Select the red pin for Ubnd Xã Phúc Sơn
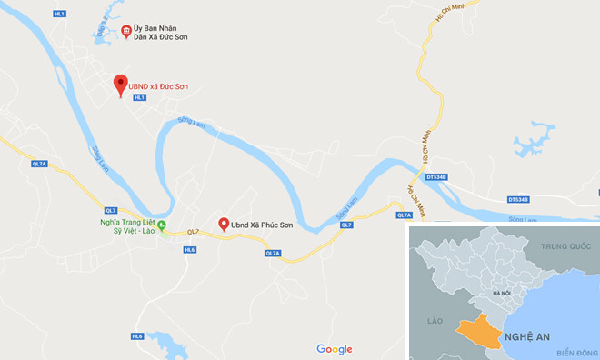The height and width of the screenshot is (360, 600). (x=223, y=223)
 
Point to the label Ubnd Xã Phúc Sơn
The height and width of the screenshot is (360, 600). (x=265, y=224)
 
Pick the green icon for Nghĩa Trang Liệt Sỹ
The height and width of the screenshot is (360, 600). (x=162, y=225)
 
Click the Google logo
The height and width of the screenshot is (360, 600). (x=334, y=349)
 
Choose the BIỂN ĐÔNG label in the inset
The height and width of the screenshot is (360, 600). (x=575, y=353)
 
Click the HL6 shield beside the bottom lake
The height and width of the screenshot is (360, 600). (x=137, y=336)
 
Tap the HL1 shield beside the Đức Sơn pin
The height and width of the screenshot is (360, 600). (x=140, y=97)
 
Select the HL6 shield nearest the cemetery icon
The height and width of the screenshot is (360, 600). (x=189, y=248)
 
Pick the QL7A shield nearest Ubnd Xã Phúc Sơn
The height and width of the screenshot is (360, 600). (x=273, y=253)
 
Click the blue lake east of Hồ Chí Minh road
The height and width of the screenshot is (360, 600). (x=532, y=141)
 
